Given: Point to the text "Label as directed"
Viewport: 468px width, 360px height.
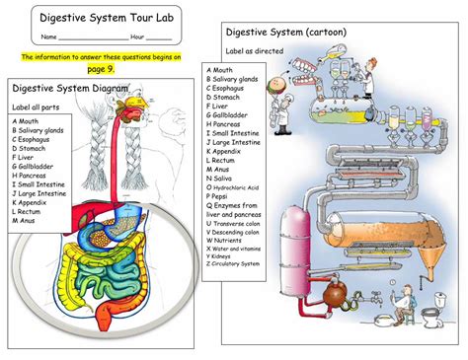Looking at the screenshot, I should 256,48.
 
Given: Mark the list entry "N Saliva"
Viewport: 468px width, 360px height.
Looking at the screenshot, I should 223,175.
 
